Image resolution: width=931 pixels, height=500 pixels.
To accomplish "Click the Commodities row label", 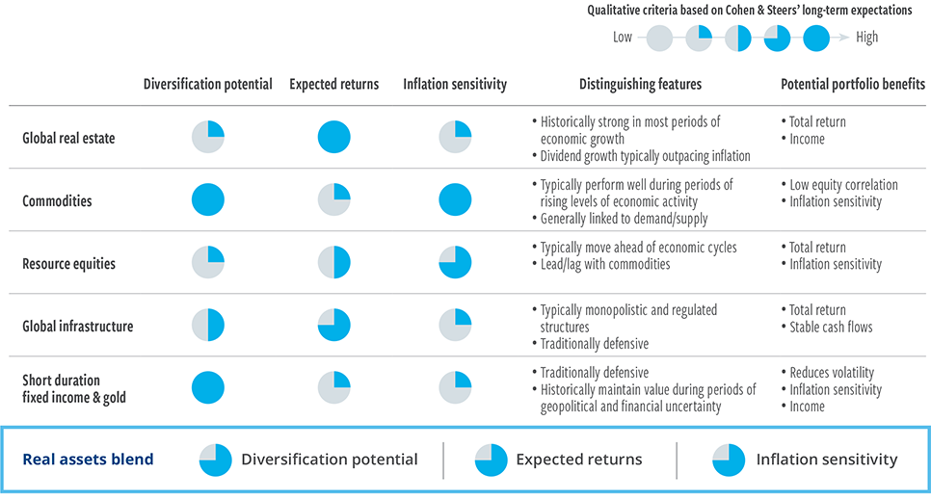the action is click(x=57, y=200).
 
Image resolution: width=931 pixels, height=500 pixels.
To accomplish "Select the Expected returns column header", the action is click(x=333, y=85).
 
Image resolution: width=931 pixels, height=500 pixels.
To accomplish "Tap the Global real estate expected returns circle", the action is click(x=333, y=137).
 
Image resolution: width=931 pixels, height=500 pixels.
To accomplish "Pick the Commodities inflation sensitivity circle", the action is click(x=455, y=199).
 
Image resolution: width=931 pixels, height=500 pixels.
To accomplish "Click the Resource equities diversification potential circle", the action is click(x=208, y=262).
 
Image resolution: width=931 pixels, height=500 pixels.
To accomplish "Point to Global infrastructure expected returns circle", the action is click(x=333, y=325).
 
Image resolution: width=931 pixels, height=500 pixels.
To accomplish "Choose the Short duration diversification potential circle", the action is click(x=208, y=387).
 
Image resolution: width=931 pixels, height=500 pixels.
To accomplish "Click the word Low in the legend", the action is click(x=623, y=37).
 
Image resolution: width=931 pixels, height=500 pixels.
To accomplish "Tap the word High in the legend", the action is click(x=866, y=38).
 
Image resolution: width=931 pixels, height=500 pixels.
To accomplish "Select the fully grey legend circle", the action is click(x=659, y=38).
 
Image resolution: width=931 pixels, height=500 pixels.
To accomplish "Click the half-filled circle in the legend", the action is click(x=737, y=38).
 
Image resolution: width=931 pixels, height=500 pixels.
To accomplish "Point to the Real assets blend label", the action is click(x=88, y=459).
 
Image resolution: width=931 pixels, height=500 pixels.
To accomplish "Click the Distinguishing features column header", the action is click(x=640, y=85).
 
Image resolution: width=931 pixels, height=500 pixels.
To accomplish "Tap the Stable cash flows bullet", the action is click(x=827, y=327).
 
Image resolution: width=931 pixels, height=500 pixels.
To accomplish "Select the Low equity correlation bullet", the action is click(x=839, y=185).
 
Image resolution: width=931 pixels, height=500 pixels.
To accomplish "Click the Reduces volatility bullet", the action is click(x=827, y=372).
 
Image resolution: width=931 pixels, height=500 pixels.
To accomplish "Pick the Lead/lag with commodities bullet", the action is click(x=600, y=264).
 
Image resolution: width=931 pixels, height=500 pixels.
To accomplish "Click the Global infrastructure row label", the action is click(x=78, y=326).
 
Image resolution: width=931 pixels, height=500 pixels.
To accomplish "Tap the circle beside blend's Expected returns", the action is click(x=491, y=460).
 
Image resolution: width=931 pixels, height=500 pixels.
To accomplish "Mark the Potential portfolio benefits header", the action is click(x=853, y=85).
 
